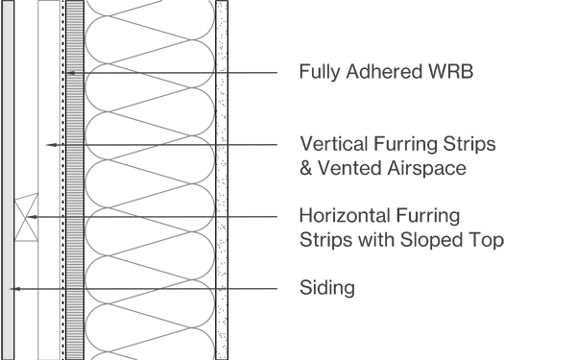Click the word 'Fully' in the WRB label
click(x=317, y=72)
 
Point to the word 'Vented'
click(x=344, y=168)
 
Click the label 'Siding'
click(x=327, y=287)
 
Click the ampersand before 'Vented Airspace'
click(x=306, y=168)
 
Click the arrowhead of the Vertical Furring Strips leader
click(x=48, y=145)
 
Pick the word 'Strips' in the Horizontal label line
click(x=323, y=238)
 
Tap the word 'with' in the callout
click(x=372, y=238)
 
